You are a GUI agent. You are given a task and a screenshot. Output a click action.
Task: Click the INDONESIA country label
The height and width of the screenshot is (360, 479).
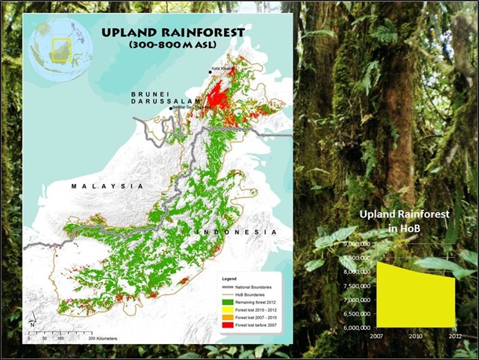click(235, 230)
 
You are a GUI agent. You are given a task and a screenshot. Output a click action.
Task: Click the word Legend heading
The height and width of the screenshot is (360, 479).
click(229, 273)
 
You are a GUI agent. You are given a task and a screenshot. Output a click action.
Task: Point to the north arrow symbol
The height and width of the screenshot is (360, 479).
click(32, 326)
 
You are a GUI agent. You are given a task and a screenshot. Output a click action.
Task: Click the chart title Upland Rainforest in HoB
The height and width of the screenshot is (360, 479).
click(404, 221)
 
